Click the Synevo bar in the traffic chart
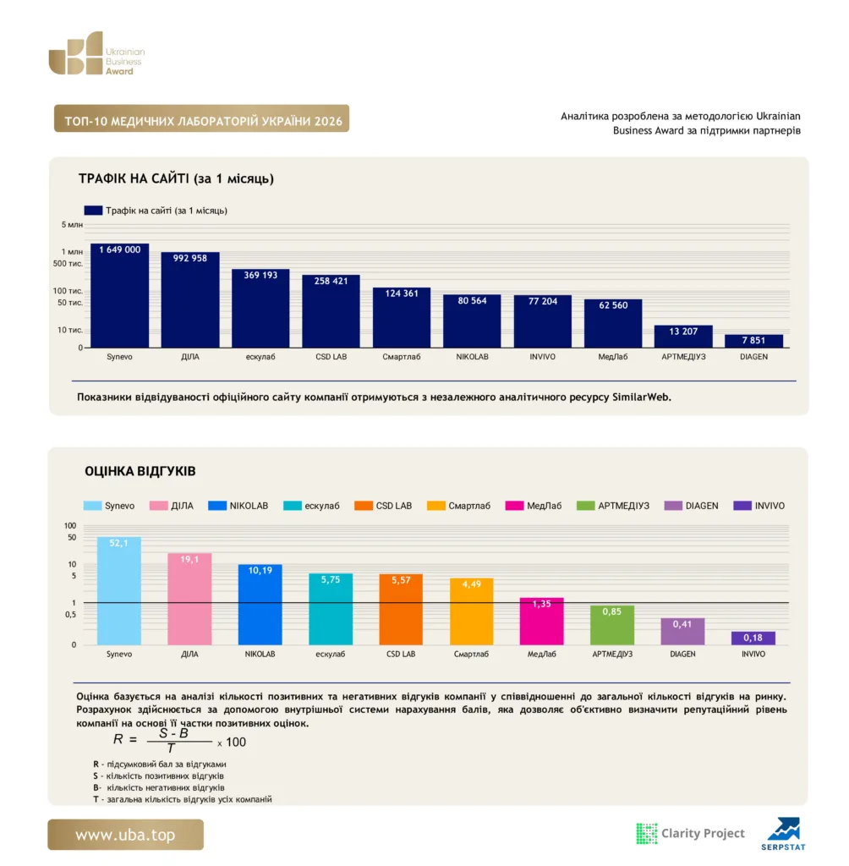click(x=119, y=295)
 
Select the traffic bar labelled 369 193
click(x=260, y=308)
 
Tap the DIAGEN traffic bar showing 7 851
click(x=753, y=341)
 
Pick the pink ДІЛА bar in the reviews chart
click(x=189, y=599)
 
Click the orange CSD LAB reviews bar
click(x=401, y=609)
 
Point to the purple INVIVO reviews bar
click(x=753, y=638)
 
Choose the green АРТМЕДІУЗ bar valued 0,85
click(x=612, y=625)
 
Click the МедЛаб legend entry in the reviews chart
click(x=534, y=506)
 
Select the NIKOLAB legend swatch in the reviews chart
click(x=217, y=506)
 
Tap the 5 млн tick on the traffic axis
click(x=72, y=225)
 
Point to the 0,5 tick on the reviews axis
click(x=71, y=615)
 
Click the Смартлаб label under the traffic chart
click(x=402, y=357)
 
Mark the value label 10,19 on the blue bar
click(x=260, y=571)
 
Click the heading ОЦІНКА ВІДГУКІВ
click(x=140, y=471)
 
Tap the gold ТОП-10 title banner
click(x=201, y=118)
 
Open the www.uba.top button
click(x=125, y=835)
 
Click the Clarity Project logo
click(x=691, y=833)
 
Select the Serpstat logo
click(x=783, y=833)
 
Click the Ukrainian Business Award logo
click(x=96, y=53)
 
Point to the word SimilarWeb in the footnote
click(x=642, y=397)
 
